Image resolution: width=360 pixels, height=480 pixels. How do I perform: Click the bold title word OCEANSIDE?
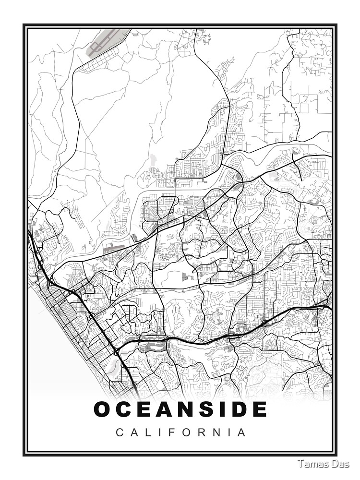tap(180, 409)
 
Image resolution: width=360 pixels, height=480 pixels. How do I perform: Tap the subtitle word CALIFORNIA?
tap(181, 432)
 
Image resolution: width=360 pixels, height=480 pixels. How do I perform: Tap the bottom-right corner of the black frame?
tap(336, 454)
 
